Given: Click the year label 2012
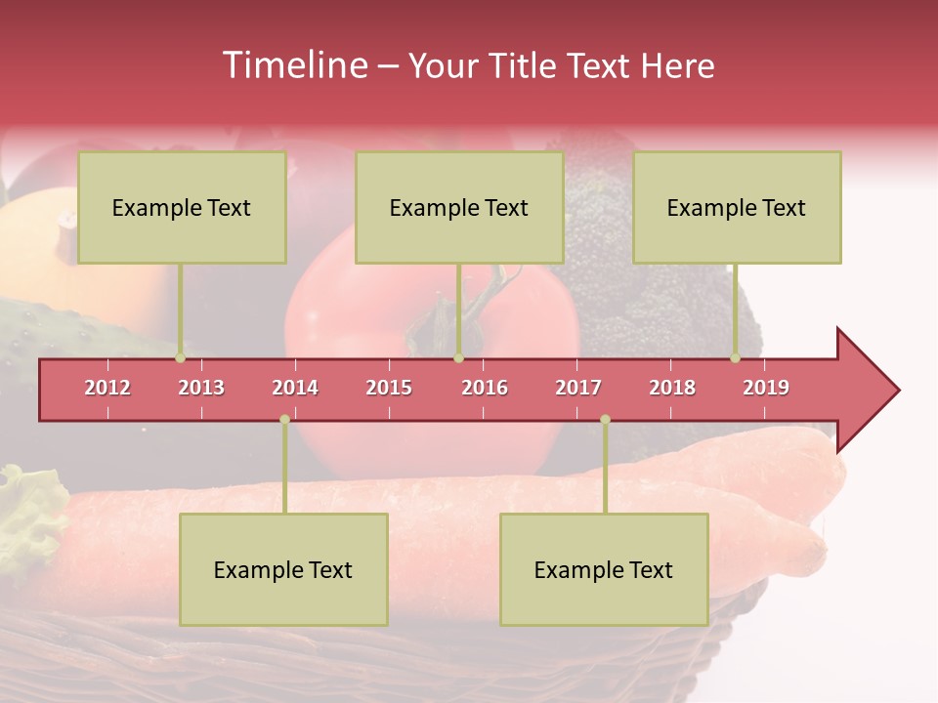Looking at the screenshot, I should (x=107, y=388).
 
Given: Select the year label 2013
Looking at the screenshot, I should (x=201, y=388).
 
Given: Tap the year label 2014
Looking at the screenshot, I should (x=295, y=388).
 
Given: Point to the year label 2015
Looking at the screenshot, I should (x=389, y=388).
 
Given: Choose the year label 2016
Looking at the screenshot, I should (x=485, y=388).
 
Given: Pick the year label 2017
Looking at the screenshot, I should (x=578, y=388).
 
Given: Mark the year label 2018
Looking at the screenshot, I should (x=672, y=388).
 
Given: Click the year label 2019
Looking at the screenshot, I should (x=766, y=388).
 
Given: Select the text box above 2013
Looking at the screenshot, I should (x=182, y=207).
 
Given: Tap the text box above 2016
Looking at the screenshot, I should (x=459, y=207).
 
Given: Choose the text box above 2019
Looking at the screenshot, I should (x=737, y=207).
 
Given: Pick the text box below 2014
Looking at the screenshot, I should (x=283, y=569).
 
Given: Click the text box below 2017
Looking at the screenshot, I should (x=604, y=569).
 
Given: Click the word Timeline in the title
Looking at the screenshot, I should (x=294, y=65).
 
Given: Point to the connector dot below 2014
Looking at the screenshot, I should (x=284, y=419).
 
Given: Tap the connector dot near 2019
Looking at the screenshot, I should (x=736, y=357).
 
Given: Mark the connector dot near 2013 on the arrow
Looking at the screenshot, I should (x=181, y=357).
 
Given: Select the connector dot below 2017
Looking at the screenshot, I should (x=605, y=419).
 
